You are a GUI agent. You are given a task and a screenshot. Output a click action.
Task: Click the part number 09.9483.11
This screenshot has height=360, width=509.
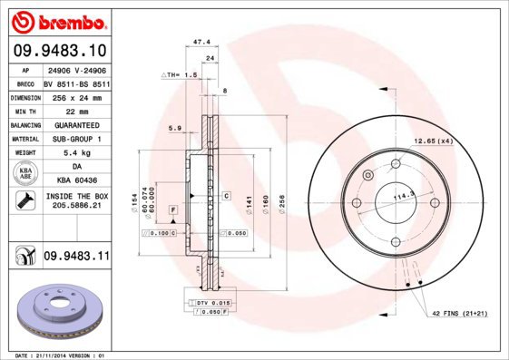pos(76,258)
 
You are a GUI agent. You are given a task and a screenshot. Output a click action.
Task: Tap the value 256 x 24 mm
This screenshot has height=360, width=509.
pos(75,95)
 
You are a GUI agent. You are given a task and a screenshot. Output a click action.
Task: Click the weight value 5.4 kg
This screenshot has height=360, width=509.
pos(75,153)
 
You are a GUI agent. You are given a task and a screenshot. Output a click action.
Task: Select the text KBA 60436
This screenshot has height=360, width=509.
pos(75,181)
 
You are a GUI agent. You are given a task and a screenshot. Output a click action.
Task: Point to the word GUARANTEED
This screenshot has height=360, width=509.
pos(75,123)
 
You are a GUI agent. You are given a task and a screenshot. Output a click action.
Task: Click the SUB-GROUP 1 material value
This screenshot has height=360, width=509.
pos(75,138)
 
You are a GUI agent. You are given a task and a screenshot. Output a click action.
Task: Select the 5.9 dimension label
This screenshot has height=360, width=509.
pos(175,128)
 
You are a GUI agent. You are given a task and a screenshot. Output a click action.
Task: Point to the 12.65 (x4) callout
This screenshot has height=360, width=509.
pos(434,141)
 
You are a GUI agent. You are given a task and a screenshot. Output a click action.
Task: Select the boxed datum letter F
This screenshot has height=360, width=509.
pos(171,209)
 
